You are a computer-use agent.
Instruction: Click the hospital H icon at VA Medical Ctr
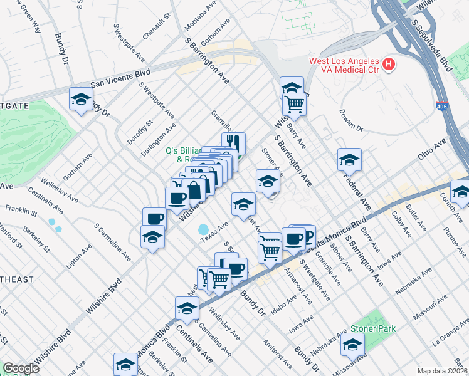[x=389, y=64]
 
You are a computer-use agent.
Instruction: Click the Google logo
[x=21, y=368]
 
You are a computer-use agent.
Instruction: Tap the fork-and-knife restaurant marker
[x=233, y=143]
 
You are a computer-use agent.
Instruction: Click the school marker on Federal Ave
[x=349, y=160]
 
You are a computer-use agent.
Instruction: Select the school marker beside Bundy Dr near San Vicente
[x=82, y=99]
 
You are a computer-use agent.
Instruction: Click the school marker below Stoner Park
[x=352, y=345]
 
